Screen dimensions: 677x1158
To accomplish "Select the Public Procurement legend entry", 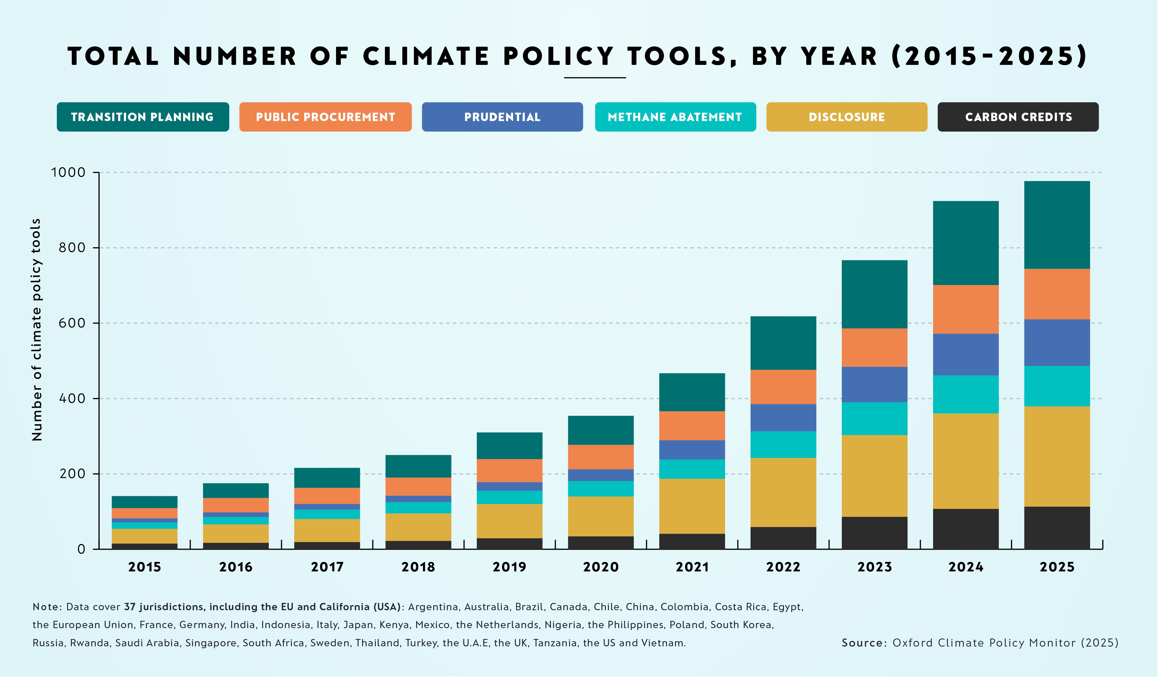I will (325, 117).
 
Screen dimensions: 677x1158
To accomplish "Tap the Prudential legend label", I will (502, 117).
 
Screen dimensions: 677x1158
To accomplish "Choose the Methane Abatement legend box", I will (675, 117).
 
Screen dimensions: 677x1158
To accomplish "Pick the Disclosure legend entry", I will (846, 117).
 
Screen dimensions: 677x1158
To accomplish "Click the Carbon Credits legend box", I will (1018, 117).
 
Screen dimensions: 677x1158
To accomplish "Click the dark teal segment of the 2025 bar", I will (1057, 225).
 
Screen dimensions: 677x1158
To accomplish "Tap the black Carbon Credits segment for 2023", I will (874, 533).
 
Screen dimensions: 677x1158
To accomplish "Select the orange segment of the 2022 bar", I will (783, 387).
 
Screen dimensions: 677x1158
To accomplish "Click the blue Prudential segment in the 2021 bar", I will (692, 450).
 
